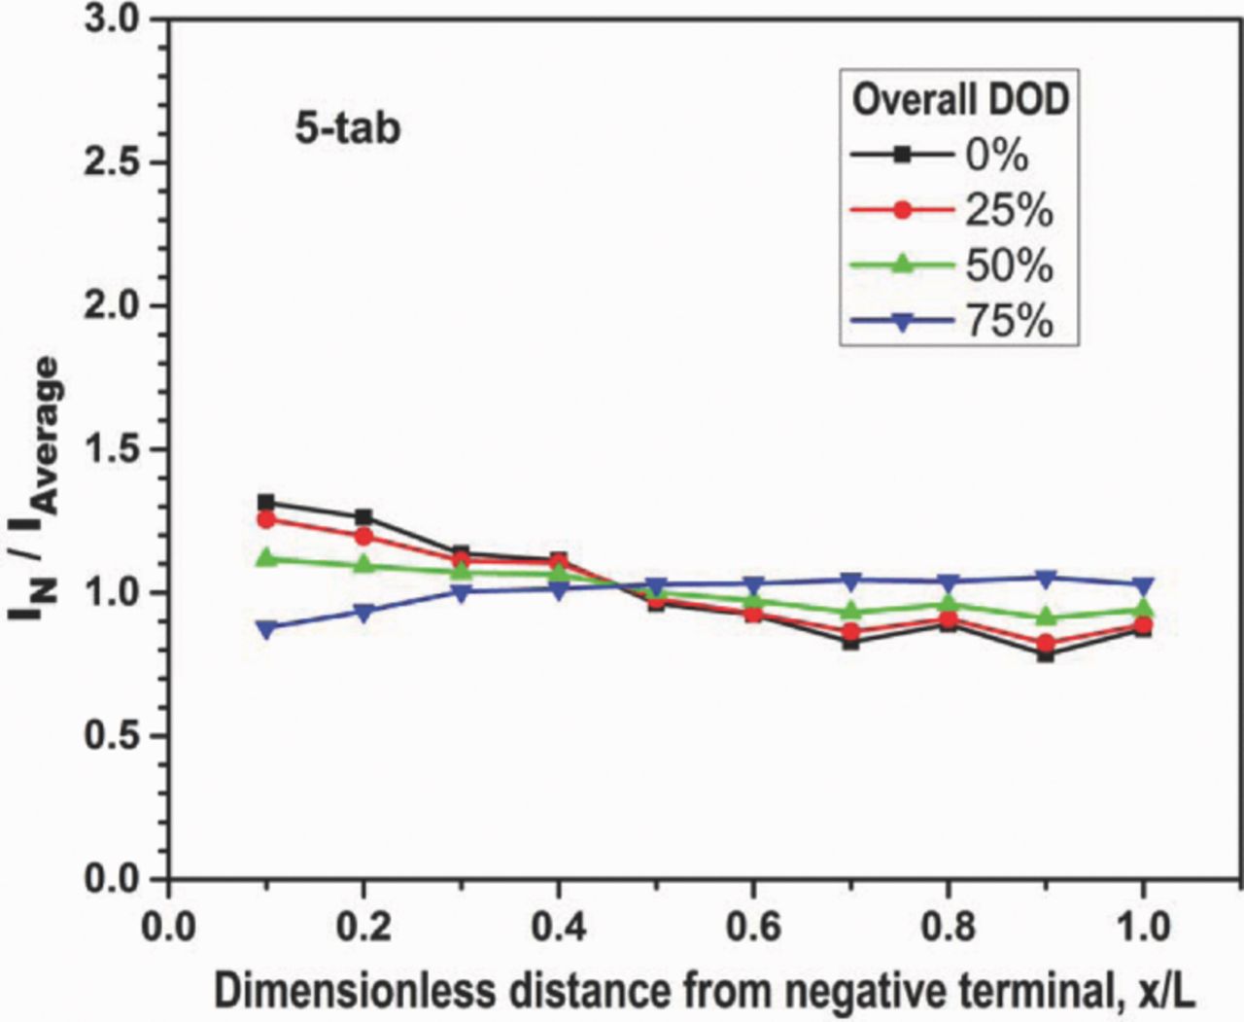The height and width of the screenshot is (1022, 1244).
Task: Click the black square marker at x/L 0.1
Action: pyautogui.click(x=266, y=503)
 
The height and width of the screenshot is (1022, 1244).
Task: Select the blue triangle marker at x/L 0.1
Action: pyautogui.click(x=266, y=629)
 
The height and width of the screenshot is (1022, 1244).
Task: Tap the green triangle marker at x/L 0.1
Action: pyautogui.click(x=266, y=557)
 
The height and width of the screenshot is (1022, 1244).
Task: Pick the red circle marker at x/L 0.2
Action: pyautogui.click(x=364, y=536)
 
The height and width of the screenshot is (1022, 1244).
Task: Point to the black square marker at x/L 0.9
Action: pyautogui.click(x=1046, y=654)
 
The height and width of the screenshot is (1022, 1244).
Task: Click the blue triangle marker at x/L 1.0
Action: pyautogui.click(x=1143, y=586)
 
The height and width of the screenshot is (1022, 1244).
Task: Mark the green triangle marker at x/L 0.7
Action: pyautogui.click(x=850, y=612)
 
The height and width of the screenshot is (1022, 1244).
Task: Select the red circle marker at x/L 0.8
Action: pyautogui.click(x=949, y=619)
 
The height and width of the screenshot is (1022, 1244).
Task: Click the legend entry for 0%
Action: pyautogui.click(x=996, y=155)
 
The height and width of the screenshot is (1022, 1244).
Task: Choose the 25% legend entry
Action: pyautogui.click(x=1008, y=210)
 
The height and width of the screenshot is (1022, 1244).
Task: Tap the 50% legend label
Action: pyautogui.click(x=1008, y=265)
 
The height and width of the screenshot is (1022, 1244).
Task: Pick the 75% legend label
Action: pyautogui.click(x=1008, y=321)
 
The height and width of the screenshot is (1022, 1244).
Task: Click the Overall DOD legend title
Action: pyautogui.click(x=960, y=100)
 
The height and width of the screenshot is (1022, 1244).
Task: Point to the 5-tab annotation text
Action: pyautogui.click(x=348, y=128)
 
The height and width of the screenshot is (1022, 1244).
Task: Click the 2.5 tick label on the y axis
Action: pyautogui.click(x=113, y=162)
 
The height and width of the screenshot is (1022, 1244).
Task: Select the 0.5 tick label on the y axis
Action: pyautogui.click(x=113, y=736)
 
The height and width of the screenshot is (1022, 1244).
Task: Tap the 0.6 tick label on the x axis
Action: pyautogui.click(x=753, y=927)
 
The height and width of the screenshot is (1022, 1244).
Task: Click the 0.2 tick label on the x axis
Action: pyautogui.click(x=364, y=927)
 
